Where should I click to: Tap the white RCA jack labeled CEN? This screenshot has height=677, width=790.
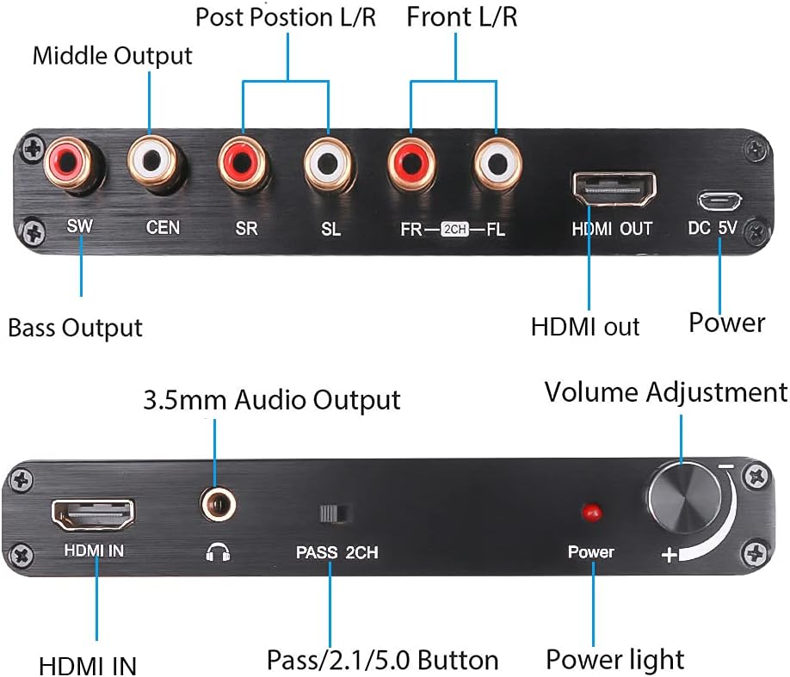coord(157,161)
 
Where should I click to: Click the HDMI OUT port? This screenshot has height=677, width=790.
coord(613,188)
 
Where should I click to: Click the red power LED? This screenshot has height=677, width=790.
coord(591,513)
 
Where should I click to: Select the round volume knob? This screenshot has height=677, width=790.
coord(681,496)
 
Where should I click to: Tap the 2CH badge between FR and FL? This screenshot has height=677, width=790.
coord(454,230)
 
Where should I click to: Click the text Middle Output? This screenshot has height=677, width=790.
coord(113,57)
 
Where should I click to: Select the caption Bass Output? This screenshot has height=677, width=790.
coord(75,328)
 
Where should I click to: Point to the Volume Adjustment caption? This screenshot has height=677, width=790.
coord(665,392)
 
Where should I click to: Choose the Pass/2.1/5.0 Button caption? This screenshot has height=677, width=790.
coord(382,660)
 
